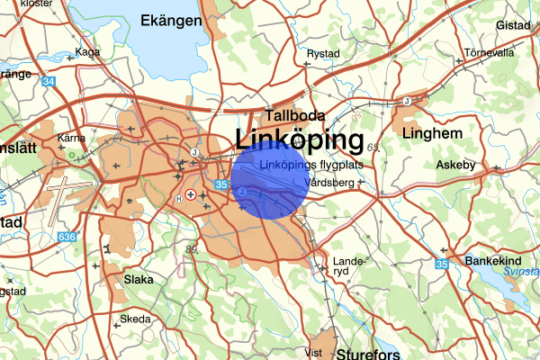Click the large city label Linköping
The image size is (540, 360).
(x=299, y=139)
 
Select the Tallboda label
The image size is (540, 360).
(x=294, y=116)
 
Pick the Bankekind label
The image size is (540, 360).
(x=494, y=260)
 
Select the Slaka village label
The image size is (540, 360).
(x=139, y=279)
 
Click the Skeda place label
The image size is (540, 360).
(x=136, y=319)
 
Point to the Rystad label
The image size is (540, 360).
(x=322, y=53)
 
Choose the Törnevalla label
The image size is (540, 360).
(x=489, y=52)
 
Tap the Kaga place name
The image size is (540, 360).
(x=88, y=52)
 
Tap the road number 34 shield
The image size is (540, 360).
(x=48, y=83)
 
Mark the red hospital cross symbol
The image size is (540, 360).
(x=190, y=194)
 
